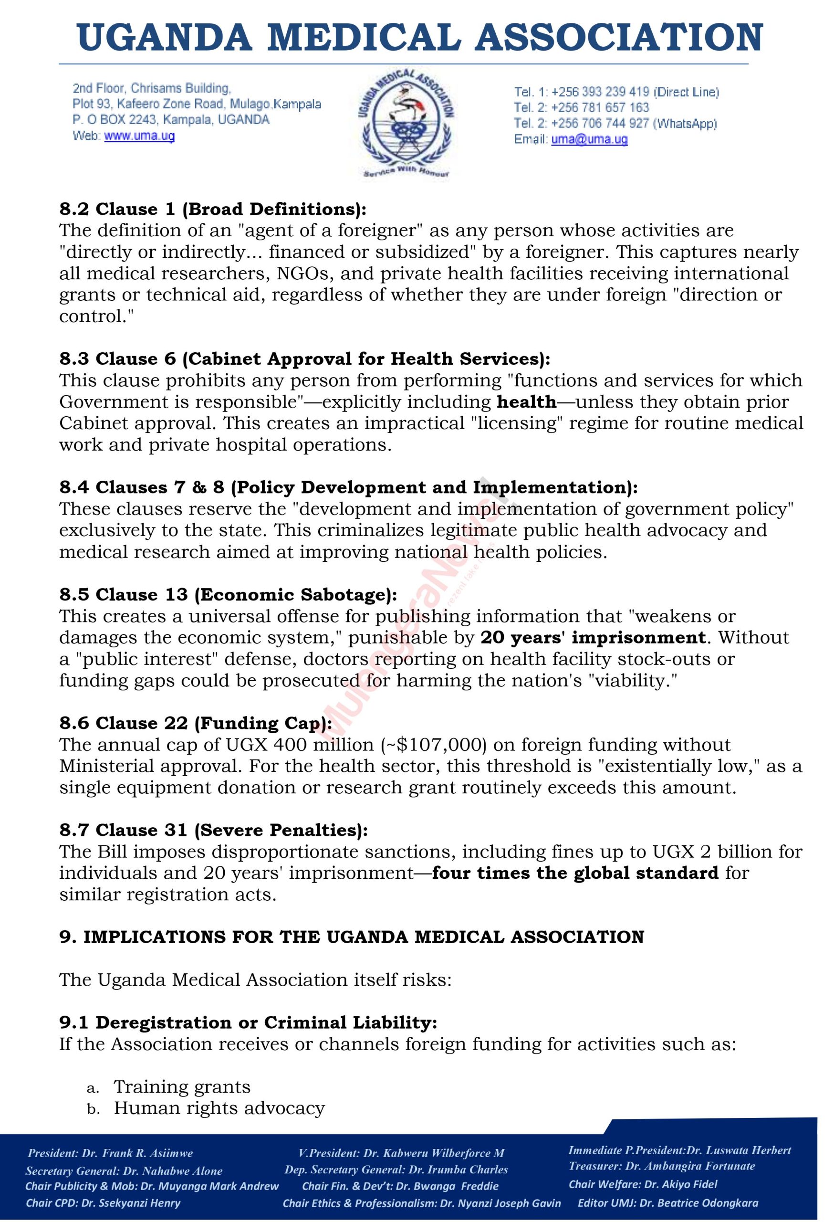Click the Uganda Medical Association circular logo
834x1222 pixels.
(405, 124)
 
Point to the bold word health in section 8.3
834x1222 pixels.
(527, 402)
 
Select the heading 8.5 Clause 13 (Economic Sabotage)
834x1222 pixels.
(228, 595)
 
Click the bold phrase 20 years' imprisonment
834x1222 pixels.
(593, 638)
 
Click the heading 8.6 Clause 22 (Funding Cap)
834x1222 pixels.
(196, 724)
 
